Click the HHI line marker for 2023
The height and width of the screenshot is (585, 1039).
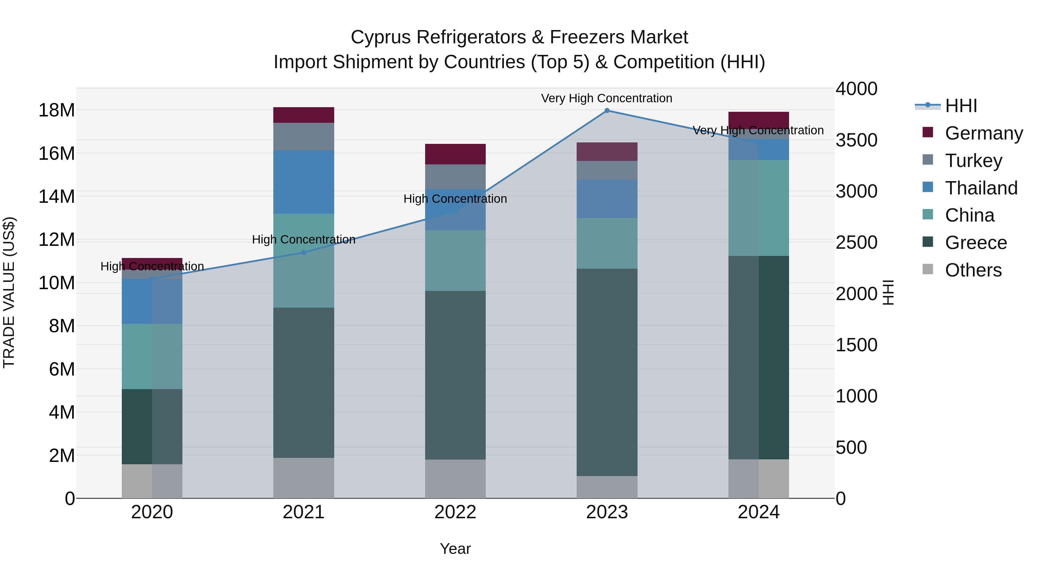point(607,111)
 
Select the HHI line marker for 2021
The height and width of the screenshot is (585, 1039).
point(304,252)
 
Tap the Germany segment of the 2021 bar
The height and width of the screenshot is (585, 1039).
point(304,115)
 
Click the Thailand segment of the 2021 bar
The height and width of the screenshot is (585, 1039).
point(304,182)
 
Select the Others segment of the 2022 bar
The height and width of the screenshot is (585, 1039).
point(455,479)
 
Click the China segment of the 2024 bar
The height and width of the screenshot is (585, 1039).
point(759,208)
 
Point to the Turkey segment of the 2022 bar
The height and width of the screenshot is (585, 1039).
point(455,177)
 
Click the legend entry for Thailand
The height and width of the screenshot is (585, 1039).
point(981,188)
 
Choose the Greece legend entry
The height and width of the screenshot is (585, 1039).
point(976,243)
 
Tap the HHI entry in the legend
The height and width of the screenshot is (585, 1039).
point(961,106)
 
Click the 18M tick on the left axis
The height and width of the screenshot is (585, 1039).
point(57,110)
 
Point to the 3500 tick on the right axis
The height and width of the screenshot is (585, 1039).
point(856,140)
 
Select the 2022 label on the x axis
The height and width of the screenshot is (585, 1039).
point(455,512)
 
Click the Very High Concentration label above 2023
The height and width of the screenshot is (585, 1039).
point(607,98)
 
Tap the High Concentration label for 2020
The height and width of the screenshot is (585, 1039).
point(152,266)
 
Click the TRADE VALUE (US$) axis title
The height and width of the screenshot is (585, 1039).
point(9,292)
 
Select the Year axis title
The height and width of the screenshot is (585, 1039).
point(455,549)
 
